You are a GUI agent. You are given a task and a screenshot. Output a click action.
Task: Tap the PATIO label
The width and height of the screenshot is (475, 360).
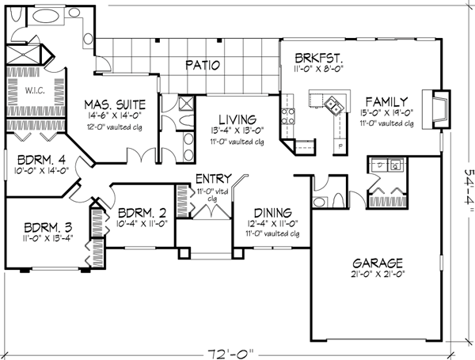[x=203, y=65]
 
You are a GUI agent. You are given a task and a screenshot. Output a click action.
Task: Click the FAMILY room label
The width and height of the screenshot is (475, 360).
[x=386, y=101]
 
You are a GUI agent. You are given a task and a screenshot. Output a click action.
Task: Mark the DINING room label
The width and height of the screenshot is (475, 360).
[x=271, y=213]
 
